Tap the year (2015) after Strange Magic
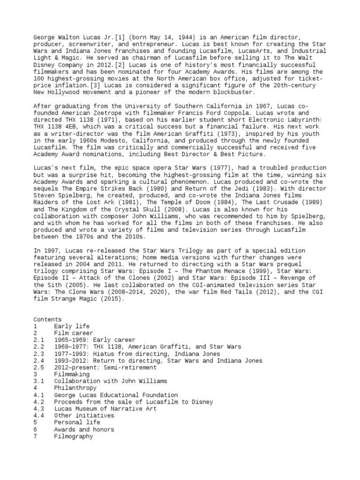click(x=110, y=299)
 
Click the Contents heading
click(x=47, y=319)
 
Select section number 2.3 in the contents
click(x=39, y=354)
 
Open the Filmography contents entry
click(x=73, y=436)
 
